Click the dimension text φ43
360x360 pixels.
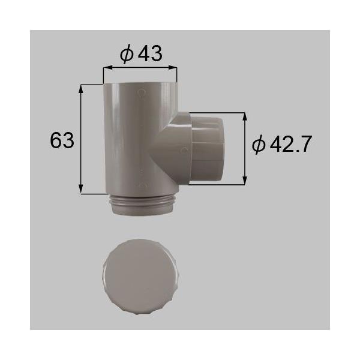(x=140, y=55)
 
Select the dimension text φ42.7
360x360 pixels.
(x=281, y=145)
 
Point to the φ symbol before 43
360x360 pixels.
(x=126, y=55)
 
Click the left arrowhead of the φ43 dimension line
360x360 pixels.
(x=106, y=69)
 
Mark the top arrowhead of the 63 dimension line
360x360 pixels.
(x=82, y=88)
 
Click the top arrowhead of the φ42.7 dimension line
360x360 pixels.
(x=244, y=115)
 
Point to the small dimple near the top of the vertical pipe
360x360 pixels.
(x=141, y=93)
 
